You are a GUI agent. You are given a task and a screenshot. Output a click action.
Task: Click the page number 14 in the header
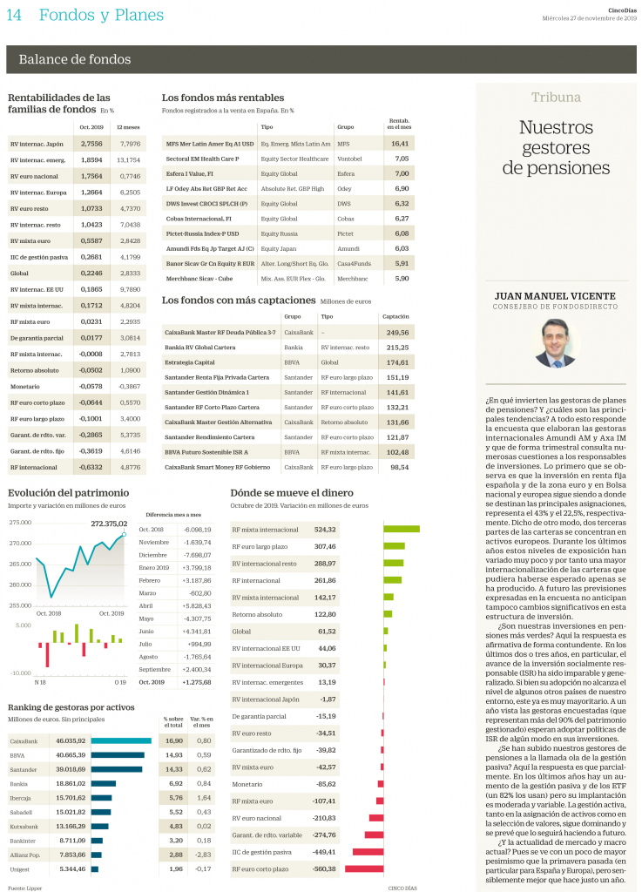pos(14,14)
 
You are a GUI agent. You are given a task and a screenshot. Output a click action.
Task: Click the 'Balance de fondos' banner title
pos(75,59)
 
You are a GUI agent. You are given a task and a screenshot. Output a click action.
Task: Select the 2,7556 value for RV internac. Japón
pos(91,143)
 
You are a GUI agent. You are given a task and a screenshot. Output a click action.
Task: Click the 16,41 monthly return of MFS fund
pos(400,143)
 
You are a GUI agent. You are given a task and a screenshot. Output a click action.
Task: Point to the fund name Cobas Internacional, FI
pos(199,218)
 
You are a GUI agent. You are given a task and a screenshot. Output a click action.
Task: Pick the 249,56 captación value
pos(397,332)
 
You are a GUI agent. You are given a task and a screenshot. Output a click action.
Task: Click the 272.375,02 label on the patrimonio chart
pos(109,524)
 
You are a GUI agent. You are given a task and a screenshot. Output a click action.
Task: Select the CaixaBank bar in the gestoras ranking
pos(120,740)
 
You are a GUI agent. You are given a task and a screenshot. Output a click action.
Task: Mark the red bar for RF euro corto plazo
pos(364,868)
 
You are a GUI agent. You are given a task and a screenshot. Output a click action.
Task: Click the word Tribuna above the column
pos(556,98)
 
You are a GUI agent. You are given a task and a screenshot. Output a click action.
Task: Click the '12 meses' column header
pos(129,126)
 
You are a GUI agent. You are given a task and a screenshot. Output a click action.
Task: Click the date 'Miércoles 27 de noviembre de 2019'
pos(590,18)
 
